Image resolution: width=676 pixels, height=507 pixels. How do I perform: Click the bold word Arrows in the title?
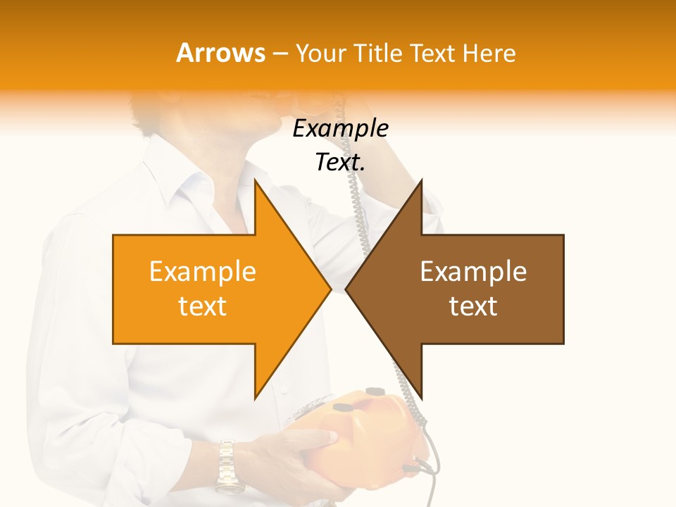220,53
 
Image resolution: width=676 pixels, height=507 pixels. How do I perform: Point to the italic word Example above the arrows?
340,129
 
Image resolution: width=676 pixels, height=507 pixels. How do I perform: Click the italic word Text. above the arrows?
340,163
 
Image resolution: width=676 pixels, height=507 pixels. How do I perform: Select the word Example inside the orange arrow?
202,271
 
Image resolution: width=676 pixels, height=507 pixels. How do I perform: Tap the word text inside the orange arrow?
202,306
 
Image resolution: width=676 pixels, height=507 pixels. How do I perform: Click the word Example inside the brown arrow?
473,271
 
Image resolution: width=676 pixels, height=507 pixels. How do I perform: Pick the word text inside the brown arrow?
473,306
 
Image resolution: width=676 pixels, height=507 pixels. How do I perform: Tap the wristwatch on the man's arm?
227,465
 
